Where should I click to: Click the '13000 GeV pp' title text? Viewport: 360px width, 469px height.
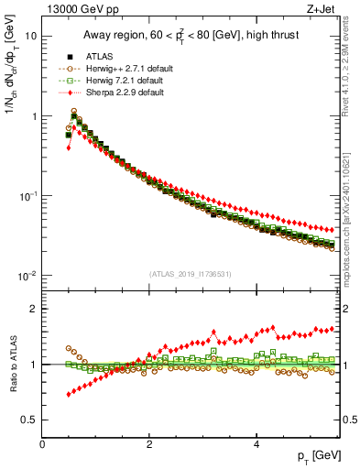81,10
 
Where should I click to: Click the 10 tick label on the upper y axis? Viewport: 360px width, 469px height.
31,36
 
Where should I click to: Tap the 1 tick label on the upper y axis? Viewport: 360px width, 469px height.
34,116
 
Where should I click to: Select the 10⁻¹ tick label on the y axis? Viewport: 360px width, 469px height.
28,196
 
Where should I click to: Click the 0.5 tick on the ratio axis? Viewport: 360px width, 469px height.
30,420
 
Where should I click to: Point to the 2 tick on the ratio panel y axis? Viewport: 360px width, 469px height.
34,309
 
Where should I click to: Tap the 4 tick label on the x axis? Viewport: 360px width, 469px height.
256,445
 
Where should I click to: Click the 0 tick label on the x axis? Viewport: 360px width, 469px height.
42,445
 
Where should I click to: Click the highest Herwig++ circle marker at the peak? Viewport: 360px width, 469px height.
74,112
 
